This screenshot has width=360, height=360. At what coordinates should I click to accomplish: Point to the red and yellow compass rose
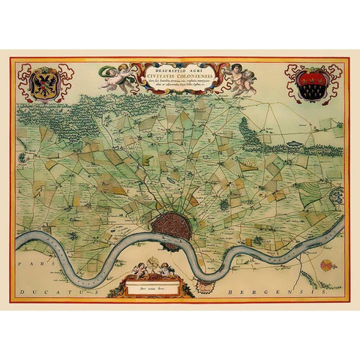pos(325,264)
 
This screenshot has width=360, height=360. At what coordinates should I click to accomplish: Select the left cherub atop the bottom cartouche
pos(139,269)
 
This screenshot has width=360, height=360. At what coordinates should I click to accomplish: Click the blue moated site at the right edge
pos(335,196)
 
